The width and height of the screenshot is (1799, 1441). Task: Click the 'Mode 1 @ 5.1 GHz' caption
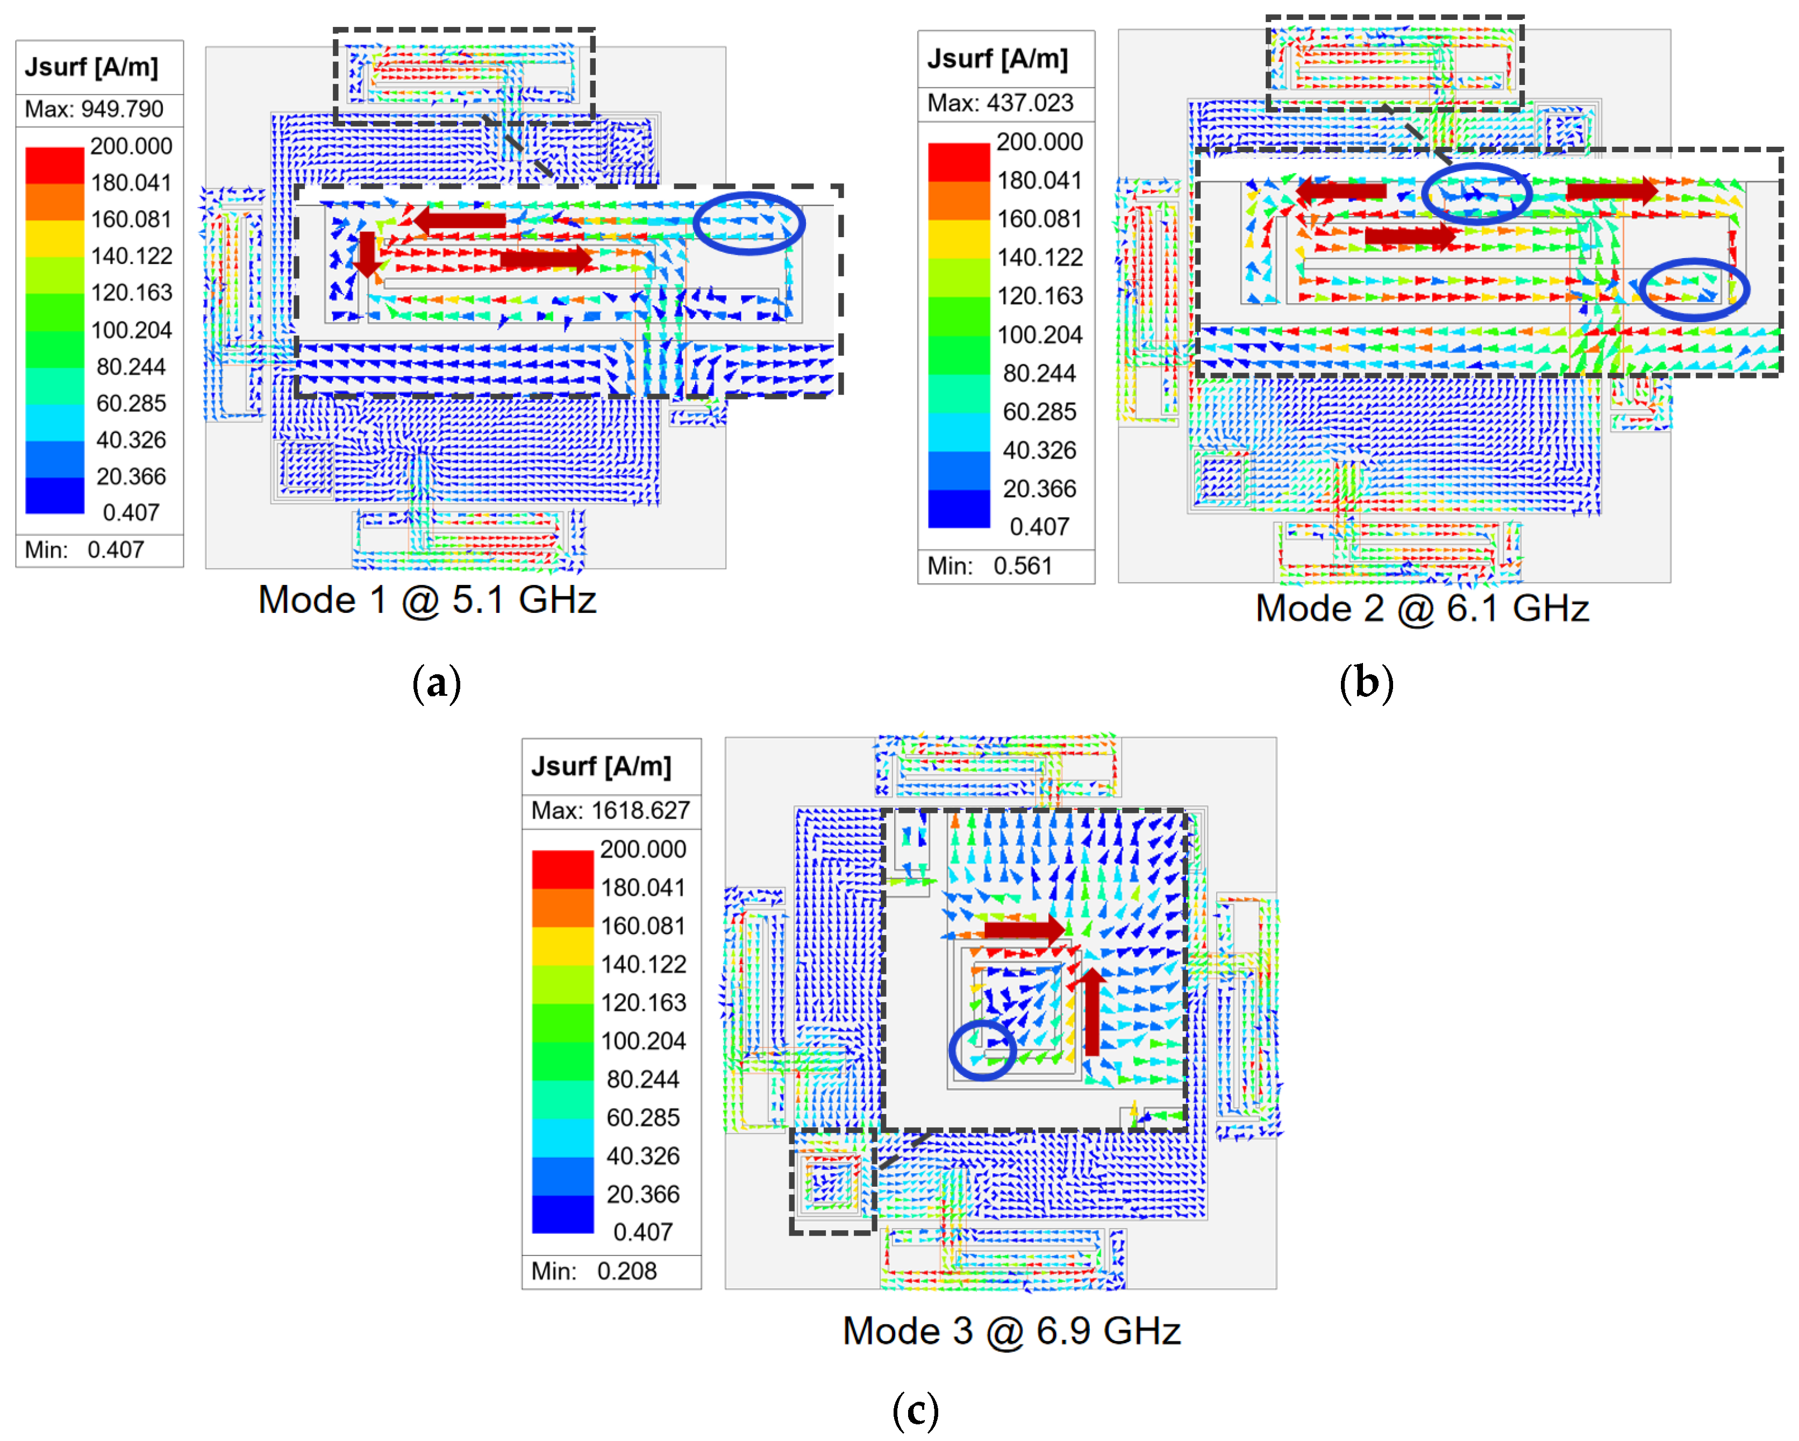tap(427, 600)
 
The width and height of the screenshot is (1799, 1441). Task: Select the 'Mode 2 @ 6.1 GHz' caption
tap(1422, 608)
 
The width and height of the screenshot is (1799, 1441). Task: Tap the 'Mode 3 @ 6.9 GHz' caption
tap(1011, 1331)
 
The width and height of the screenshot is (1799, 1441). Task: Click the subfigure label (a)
tap(437, 683)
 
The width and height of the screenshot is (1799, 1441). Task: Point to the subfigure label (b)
tap(1366, 683)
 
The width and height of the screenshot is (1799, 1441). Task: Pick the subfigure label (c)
tap(915, 1411)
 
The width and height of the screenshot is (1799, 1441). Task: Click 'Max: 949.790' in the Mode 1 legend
tap(94, 109)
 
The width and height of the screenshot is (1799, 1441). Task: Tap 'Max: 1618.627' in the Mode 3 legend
tap(611, 810)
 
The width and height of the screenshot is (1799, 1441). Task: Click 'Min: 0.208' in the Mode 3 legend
tap(594, 1271)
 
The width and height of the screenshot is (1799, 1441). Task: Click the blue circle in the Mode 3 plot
tap(982, 1050)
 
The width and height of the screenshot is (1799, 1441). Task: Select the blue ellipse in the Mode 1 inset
tap(748, 223)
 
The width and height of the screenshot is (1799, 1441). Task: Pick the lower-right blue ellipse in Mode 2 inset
tap(1693, 289)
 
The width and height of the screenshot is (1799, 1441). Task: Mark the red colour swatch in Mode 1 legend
tap(54, 165)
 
